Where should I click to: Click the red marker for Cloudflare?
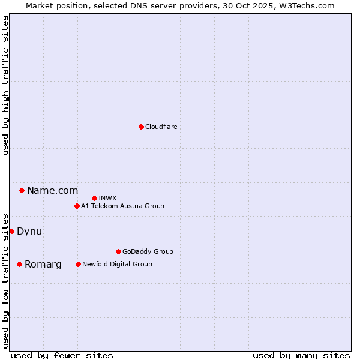(x=141, y=127)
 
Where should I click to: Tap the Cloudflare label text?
(x=161, y=127)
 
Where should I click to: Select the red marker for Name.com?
(x=22, y=191)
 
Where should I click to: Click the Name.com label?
(x=52, y=191)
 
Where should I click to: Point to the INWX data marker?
(x=94, y=198)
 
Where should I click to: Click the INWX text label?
(x=107, y=198)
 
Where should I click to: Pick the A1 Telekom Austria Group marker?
(x=77, y=206)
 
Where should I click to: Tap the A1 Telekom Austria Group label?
(x=122, y=206)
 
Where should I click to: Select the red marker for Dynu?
(x=11, y=231)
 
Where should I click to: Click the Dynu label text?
(x=29, y=231)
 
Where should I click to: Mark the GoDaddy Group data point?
(x=118, y=251)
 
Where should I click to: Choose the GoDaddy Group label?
(x=147, y=251)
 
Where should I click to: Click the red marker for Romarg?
(x=19, y=264)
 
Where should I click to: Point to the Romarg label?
(x=43, y=265)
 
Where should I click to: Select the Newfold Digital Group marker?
(x=78, y=264)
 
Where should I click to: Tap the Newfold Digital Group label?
(x=117, y=264)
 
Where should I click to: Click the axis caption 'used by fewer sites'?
(x=62, y=355)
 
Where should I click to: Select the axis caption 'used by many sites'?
(x=301, y=355)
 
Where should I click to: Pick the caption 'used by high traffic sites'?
(x=5, y=85)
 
